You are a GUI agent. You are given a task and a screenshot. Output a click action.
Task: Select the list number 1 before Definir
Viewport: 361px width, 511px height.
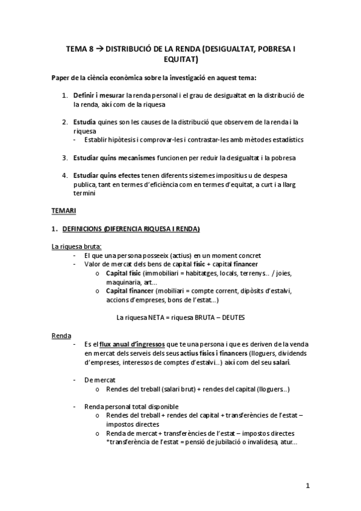64,96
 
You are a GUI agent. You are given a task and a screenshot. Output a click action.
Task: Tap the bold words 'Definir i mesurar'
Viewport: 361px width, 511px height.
95,96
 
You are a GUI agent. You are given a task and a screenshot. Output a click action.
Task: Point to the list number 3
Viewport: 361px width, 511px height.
64,158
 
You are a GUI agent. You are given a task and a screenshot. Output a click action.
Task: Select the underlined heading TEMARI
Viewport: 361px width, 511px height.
61,212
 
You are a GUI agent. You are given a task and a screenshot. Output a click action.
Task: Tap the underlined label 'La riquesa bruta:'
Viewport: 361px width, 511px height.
77,246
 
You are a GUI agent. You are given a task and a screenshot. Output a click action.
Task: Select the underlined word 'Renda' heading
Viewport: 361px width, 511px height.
61,335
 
